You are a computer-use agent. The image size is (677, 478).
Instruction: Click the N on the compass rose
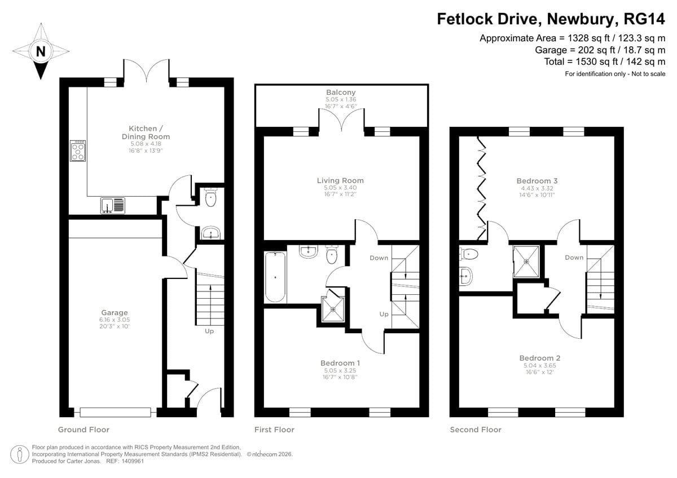(41, 51)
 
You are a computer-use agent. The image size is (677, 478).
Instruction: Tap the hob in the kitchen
(78, 151)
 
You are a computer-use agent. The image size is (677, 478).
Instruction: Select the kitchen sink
(113, 205)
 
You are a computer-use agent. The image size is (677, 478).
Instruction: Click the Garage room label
(115, 312)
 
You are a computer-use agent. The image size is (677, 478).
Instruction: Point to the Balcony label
(341, 92)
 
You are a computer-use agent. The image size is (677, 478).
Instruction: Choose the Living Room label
(340, 180)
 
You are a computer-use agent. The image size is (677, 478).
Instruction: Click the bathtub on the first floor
(275, 277)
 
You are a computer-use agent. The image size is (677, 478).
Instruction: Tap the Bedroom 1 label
(340, 363)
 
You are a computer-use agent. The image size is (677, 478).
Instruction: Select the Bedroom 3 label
(537, 181)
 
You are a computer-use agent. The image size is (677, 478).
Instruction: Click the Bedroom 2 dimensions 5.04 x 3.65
(540, 365)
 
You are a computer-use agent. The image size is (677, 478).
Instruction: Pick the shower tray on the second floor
(526, 262)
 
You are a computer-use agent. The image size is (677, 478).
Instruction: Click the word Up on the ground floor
(209, 331)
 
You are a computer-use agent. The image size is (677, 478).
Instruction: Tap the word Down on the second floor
(574, 258)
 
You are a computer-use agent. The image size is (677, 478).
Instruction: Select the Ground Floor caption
(83, 430)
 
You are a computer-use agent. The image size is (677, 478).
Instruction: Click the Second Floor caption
(476, 430)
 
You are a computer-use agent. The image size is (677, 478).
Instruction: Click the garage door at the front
(116, 412)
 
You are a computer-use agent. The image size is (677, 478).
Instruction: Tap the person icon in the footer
(20, 454)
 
